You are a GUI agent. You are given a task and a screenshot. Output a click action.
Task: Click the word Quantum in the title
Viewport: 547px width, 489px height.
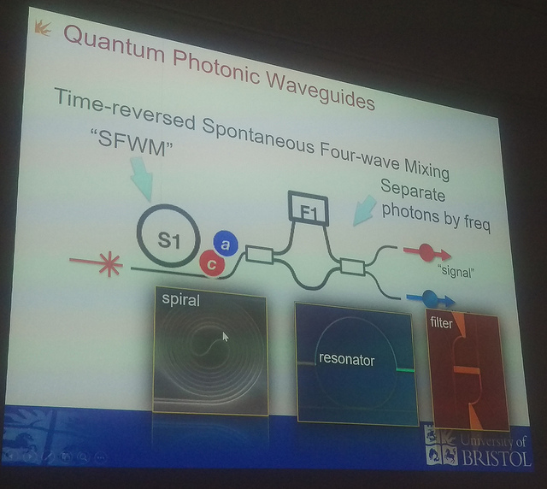pos(114,45)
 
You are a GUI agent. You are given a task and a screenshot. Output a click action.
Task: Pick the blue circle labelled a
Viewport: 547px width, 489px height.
pos(226,244)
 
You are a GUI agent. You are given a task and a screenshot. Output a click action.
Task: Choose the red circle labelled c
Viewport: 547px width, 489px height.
pos(211,264)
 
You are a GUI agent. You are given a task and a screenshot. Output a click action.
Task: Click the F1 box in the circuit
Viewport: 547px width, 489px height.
pos(309,209)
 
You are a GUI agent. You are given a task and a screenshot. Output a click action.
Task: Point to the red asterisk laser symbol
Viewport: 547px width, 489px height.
pos(110,264)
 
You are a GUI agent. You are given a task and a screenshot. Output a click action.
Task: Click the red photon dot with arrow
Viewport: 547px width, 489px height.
pos(427,253)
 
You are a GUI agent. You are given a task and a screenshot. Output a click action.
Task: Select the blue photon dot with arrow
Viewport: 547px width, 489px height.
pos(431,298)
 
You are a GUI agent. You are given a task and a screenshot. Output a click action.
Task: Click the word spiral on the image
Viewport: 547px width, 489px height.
pos(180,300)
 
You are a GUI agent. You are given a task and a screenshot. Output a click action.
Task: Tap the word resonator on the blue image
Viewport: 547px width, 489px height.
pos(346,360)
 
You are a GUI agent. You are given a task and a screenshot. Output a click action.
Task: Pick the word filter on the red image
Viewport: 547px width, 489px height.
pos(441,322)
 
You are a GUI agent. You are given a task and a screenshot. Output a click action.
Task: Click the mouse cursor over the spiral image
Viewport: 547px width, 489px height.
pos(226,337)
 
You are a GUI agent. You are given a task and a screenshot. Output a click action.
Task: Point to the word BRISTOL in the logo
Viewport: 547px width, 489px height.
pos(496,457)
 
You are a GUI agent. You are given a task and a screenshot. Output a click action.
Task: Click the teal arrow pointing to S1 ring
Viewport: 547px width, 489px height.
pos(143,179)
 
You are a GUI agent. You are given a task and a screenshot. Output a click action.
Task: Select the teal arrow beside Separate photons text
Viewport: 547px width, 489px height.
pos(364,210)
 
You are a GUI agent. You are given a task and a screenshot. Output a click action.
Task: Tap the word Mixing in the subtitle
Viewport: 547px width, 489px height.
pos(426,169)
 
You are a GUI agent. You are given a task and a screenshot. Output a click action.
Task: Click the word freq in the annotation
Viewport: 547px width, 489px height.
pos(477,222)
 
